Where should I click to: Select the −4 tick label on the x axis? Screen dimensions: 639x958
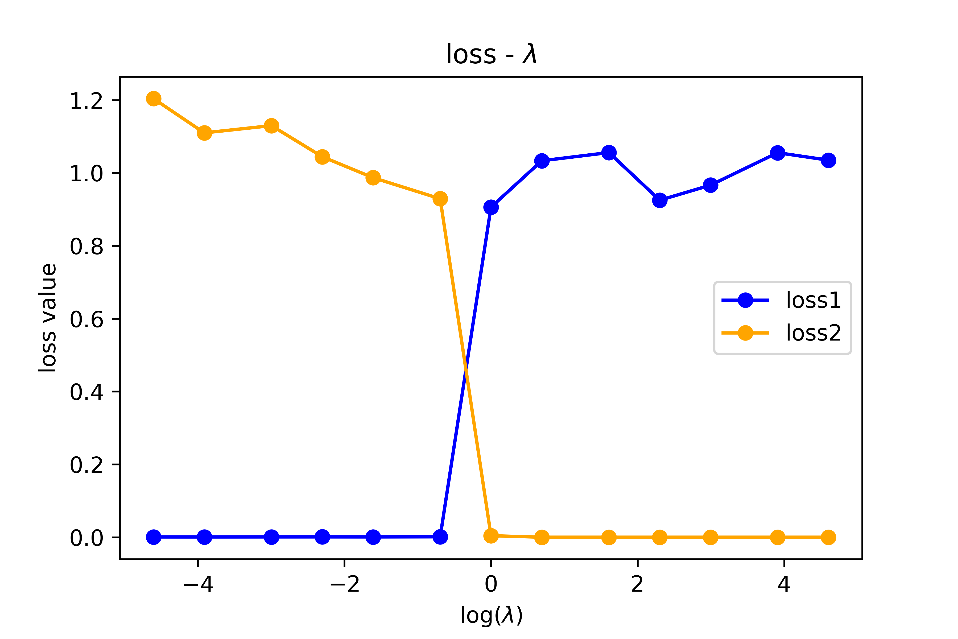[x=198, y=584]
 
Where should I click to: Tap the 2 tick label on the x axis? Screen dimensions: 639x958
[x=637, y=584]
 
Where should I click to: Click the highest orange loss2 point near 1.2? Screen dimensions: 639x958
[x=154, y=99]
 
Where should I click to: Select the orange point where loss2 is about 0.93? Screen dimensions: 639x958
[x=440, y=199]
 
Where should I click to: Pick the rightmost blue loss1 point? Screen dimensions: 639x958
[x=828, y=161]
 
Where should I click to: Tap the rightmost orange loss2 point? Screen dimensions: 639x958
[x=828, y=538]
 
